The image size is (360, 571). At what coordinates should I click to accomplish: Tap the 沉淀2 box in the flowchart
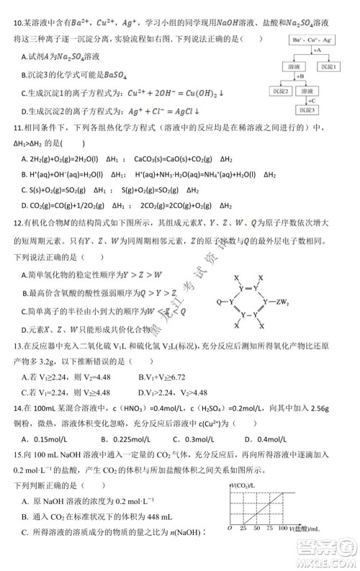(285, 91)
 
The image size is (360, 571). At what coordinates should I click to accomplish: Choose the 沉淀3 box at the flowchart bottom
(312, 110)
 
